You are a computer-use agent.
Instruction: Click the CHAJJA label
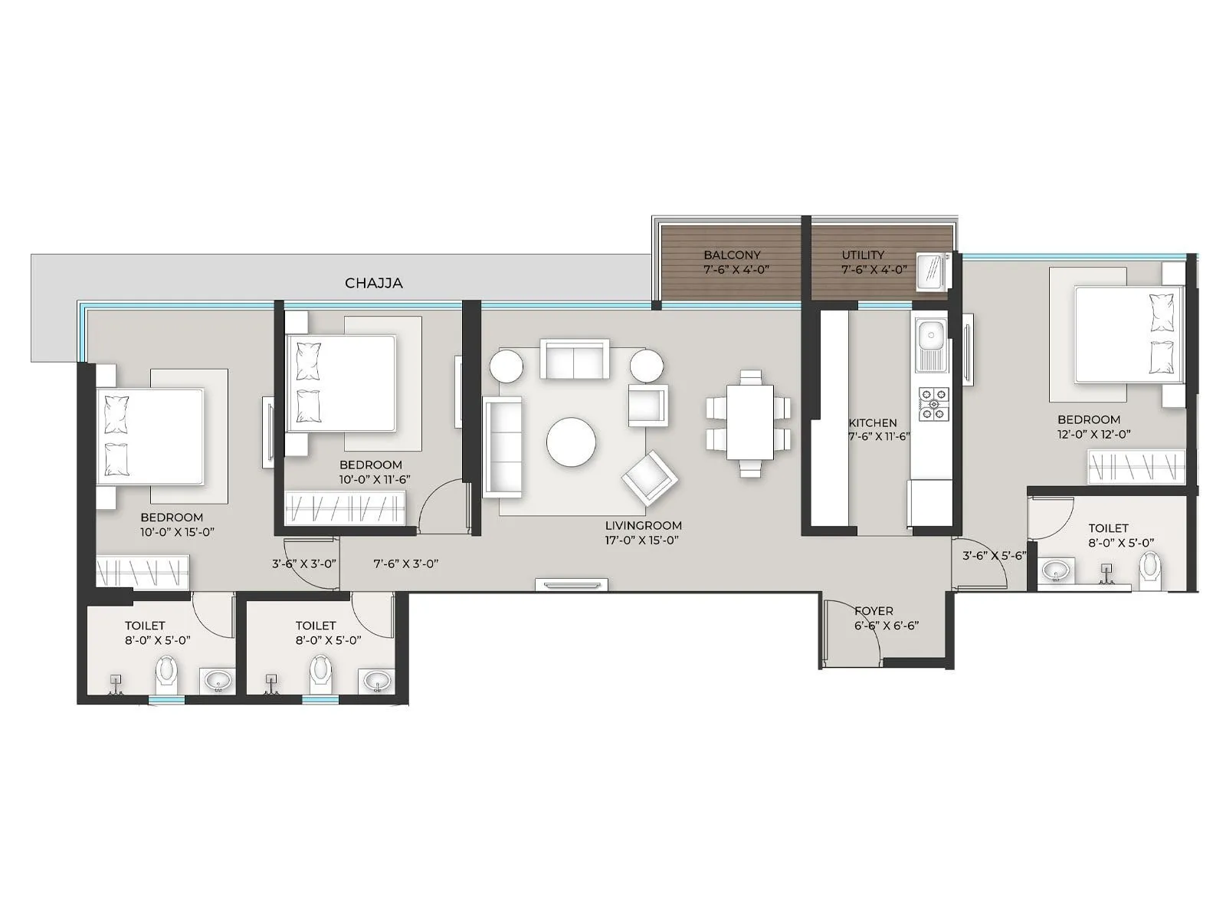tap(373, 283)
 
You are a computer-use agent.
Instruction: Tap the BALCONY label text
tap(733, 255)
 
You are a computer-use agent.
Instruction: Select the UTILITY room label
tap(863, 255)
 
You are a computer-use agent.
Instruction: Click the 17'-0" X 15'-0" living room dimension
tap(642, 540)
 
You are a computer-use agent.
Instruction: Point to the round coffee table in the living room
tap(571, 442)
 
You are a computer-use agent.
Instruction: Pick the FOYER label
tap(874, 611)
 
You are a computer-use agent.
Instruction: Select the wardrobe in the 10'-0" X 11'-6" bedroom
tap(346, 509)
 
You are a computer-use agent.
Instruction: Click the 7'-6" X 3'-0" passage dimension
tap(405, 563)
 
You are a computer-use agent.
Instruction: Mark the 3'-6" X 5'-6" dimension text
tap(994, 556)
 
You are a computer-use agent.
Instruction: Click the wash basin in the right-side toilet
tap(1058, 570)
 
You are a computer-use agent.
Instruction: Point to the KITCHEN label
tap(872, 422)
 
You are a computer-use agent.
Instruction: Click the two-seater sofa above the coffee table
tap(574, 358)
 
